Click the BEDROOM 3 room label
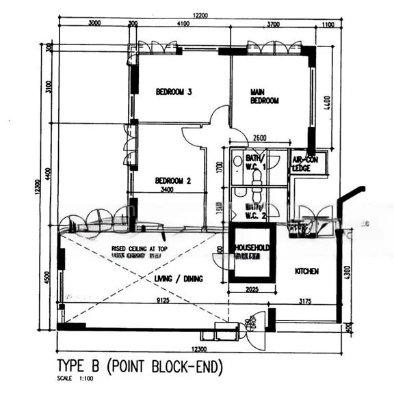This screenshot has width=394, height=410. tap(173, 92)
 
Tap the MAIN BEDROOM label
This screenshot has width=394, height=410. tap(265, 96)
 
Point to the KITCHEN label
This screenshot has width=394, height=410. tap(306, 271)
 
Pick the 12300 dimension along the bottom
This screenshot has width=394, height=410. tap(200, 349)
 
